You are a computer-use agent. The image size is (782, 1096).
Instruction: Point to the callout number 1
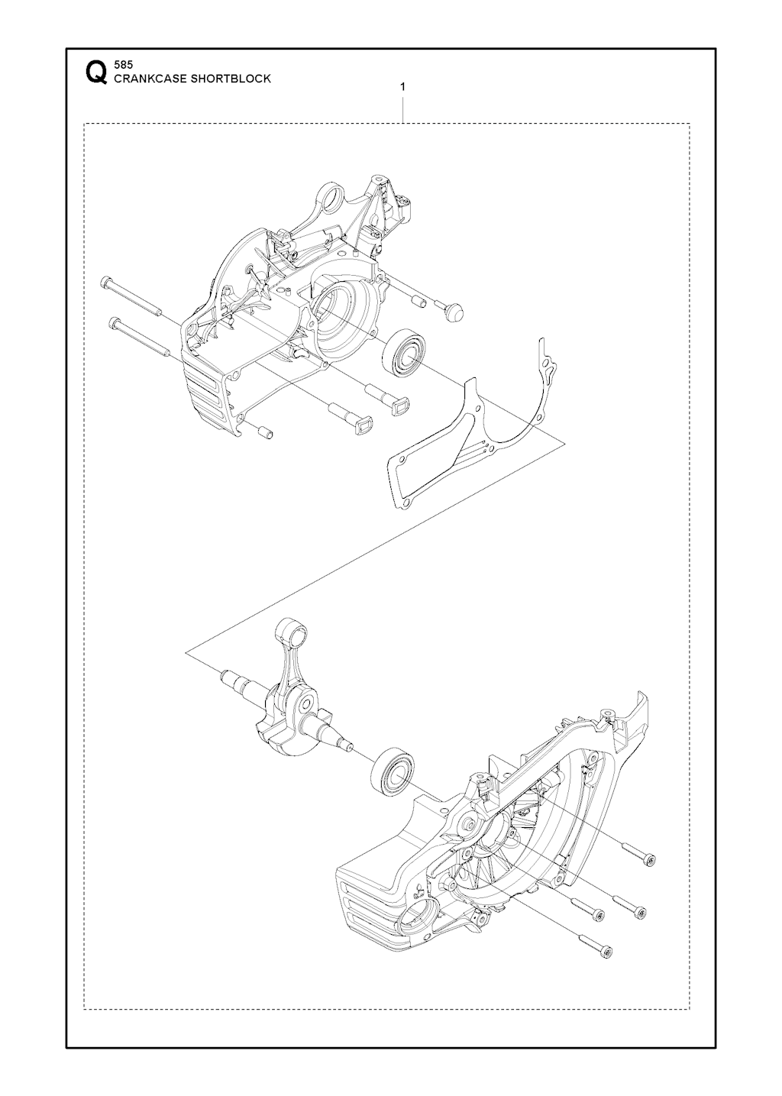(x=402, y=87)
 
